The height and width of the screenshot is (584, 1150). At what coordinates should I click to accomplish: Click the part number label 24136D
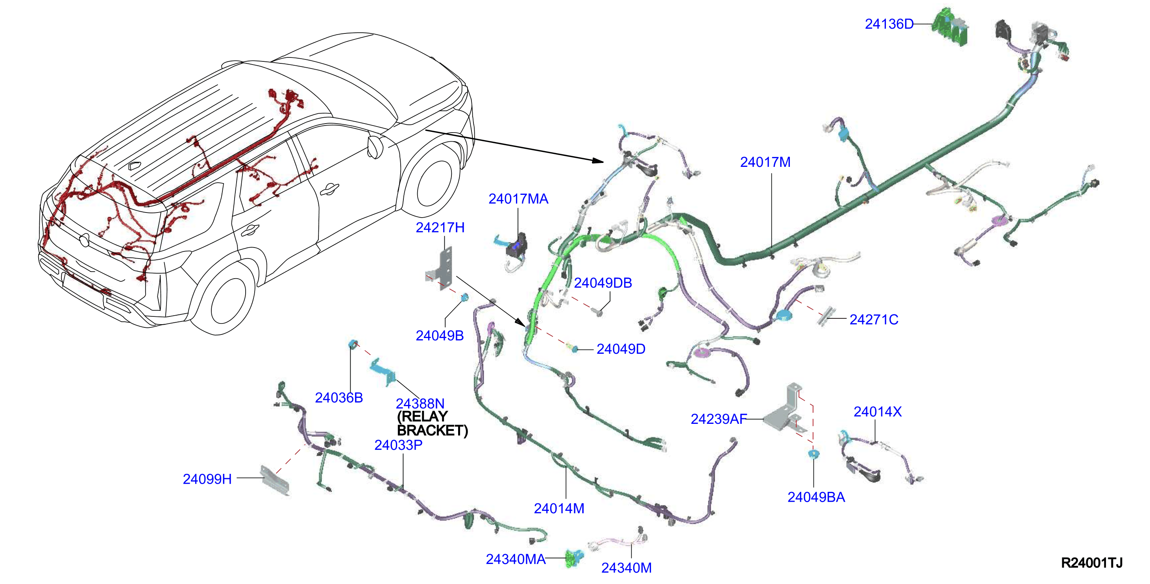click(889, 24)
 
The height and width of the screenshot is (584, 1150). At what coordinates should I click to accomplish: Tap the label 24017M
click(765, 162)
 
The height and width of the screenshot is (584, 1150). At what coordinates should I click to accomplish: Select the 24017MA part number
click(518, 199)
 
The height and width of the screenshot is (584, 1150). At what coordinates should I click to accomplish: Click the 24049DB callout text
click(603, 283)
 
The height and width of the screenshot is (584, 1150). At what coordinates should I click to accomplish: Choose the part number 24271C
click(874, 319)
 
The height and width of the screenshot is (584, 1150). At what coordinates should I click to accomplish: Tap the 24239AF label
click(718, 419)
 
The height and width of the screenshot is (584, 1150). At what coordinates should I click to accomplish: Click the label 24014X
click(877, 411)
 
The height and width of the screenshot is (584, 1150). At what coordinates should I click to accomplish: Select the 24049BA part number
click(816, 497)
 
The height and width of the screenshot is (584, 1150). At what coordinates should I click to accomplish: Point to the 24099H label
click(207, 479)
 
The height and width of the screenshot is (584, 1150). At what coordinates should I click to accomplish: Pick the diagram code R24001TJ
click(1091, 563)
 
